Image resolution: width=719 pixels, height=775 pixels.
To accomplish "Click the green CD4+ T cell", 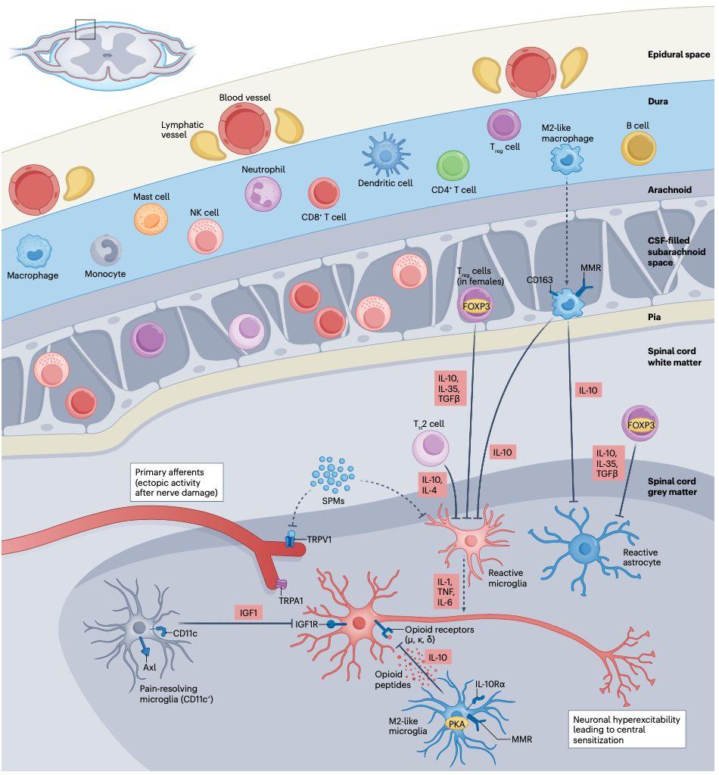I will click(x=454, y=166).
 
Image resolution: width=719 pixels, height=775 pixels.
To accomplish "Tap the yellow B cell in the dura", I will click(x=638, y=148).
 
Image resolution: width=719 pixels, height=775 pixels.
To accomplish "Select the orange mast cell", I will click(x=150, y=219).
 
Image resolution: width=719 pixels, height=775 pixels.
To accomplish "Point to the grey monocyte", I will click(x=106, y=251).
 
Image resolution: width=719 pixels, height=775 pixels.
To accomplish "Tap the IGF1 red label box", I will click(x=247, y=612).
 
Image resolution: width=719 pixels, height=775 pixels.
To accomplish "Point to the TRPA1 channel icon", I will click(x=281, y=584).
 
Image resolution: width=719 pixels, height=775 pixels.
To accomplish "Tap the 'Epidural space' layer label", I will click(x=679, y=54).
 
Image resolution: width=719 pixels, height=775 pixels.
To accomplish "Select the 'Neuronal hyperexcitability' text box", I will click(x=626, y=727).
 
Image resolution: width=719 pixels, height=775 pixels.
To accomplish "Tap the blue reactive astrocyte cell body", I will click(x=584, y=545).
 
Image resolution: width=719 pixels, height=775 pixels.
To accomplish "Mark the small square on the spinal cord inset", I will click(x=85, y=28).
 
